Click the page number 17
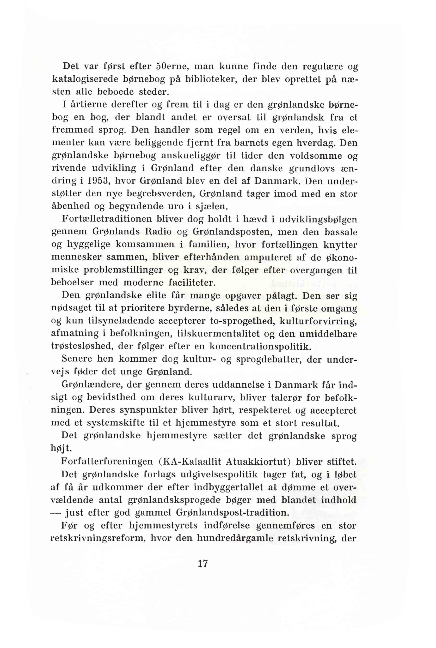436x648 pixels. [x=203, y=563]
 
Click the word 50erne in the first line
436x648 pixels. [x=172, y=66]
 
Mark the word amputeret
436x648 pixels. [x=268, y=257]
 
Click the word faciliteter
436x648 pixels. [x=192, y=282]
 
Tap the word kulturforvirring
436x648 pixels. [x=318, y=321]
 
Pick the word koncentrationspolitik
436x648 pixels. [x=260, y=346]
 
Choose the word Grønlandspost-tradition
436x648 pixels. [x=233, y=512]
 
